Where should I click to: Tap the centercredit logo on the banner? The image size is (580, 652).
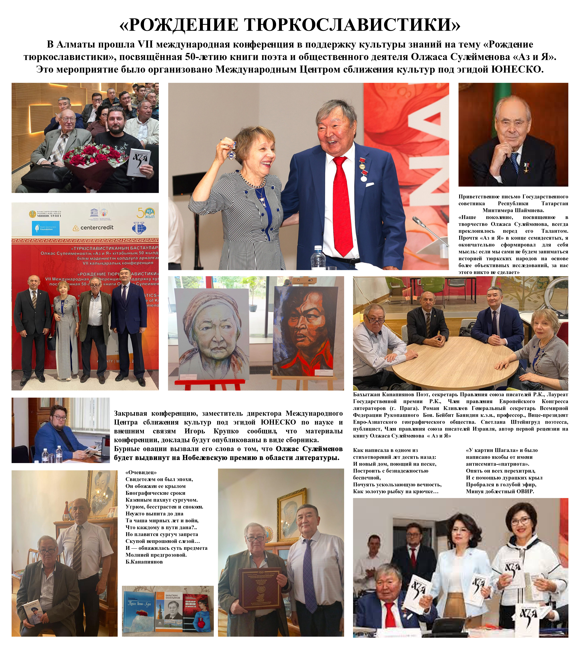click(x=93, y=227)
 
